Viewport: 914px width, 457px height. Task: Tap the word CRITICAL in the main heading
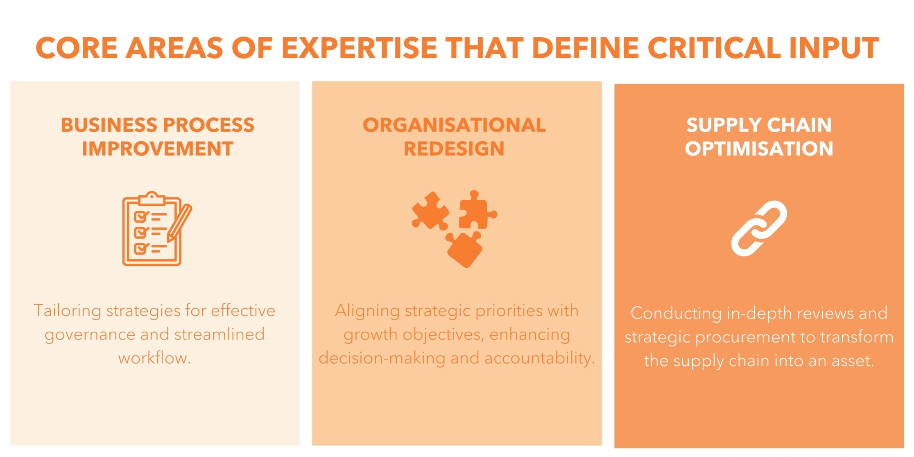pyautogui.click(x=714, y=48)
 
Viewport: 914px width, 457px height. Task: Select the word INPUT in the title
pyautogui.click(x=834, y=48)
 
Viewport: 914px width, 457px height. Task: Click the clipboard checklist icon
pyautogui.click(x=157, y=228)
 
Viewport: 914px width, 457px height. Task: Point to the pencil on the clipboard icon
pyautogui.click(x=179, y=223)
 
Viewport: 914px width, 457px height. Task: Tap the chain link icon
pyautogui.click(x=759, y=228)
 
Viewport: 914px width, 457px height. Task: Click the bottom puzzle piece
pyautogui.click(x=464, y=249)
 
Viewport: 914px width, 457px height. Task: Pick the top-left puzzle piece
pyautogui.click(x=430, y=211)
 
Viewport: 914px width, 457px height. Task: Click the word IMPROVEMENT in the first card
pyautogui.click(x=158, y=149)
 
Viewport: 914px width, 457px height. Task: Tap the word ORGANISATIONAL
pyautogui.click(x=454, y=125)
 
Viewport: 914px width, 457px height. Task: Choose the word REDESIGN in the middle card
pyautogui.click(x=454, y=149)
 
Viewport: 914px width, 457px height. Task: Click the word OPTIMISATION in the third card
pyautogui.click(x=759, y=149)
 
